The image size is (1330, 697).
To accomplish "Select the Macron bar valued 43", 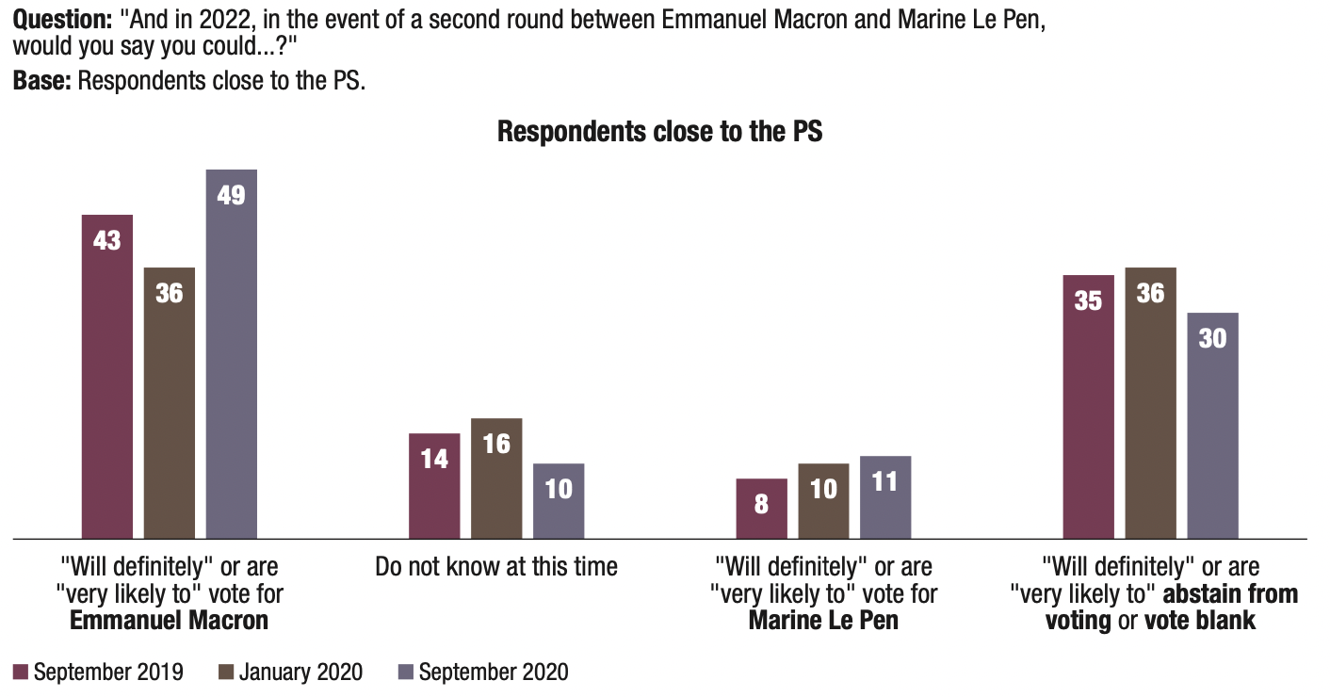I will (x=107, y=377).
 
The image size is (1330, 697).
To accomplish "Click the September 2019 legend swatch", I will (x=21, y=672).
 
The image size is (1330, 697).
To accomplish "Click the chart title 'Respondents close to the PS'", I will (x=659, y=131).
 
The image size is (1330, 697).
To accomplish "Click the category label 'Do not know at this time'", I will (x=496, y=566).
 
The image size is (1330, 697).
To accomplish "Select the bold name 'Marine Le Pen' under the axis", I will (x=823, y=621).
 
